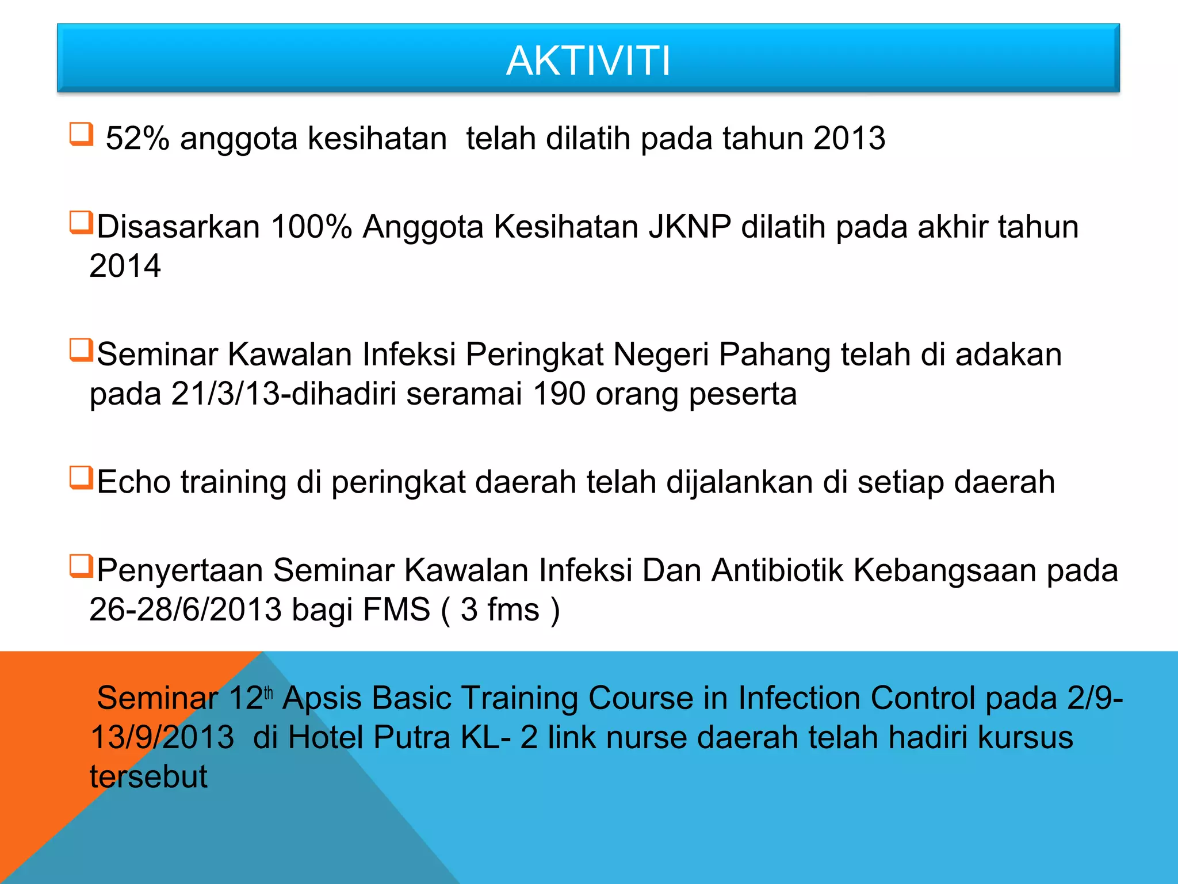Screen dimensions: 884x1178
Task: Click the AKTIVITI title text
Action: pyautogui.click(x=588, y=61)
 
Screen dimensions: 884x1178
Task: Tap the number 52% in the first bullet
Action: pyautogui.click(x=137, y=139)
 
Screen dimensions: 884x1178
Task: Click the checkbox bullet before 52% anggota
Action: pyautogui.click(x=81, y=134)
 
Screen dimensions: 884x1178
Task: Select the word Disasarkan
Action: pyautogui.click(x=178, y=227)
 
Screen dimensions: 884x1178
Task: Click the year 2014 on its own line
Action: pyautogui.click(x=125, y=266)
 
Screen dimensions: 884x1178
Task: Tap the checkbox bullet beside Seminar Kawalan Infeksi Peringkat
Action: pyautogui.click(x=81, y=350)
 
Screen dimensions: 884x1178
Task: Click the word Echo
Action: pyautogui.click(x=133, y=482)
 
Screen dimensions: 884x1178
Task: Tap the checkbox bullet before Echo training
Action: pyautogui.click(x=81, y=478)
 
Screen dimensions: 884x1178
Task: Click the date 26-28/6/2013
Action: pyautogui.click(x=185, y=609)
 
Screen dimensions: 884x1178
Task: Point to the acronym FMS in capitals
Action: pyautogui.click(x=396, y=609)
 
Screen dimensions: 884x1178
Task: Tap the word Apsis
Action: pyautogui.click(x=322, y=699)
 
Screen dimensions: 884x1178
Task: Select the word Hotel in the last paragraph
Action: pyautogui.click(x=325, y=737)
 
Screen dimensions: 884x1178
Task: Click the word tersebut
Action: pyautogui.click(x=148, y=776)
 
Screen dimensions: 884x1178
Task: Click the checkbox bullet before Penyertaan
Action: pyautogui.click(x=81, y=566)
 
